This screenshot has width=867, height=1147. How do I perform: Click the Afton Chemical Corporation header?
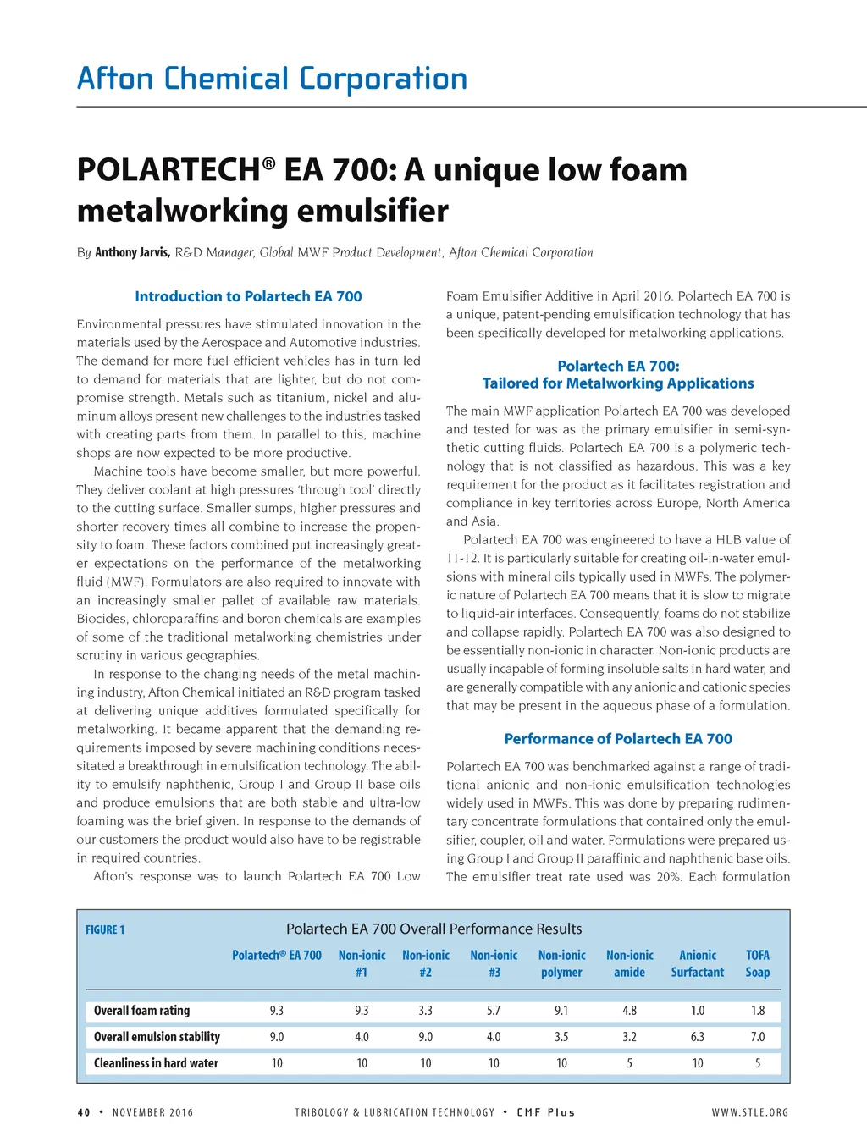[x=272, y=79]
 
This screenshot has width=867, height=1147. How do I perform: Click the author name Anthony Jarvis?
[x=132, y=252]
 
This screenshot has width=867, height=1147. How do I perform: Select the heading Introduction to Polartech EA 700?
[x=248, y=296]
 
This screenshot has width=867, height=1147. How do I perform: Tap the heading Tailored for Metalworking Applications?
[x=618, y=383]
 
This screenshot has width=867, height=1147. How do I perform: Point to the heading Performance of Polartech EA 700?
[x=618, y=739]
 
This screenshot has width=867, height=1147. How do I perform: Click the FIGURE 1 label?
[x=105, y=929]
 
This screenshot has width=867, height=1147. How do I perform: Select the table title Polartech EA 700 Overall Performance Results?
[x=433, y=929]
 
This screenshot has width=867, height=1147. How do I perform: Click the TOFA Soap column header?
[x=758, y=963]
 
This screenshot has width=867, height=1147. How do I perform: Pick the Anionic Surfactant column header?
[x=698, y=963]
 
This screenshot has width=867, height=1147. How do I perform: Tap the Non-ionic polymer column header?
[x=561, y=963]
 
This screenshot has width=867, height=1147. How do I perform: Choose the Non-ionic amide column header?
[x=629, y=963]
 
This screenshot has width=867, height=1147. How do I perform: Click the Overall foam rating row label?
[x=141, y=1011]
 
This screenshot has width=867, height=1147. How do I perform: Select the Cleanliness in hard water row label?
[x=156, y=1063]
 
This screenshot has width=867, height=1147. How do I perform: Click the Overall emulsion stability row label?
[x=157, y=1037]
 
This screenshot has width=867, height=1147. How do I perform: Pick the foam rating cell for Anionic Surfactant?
[x=698, y=1011]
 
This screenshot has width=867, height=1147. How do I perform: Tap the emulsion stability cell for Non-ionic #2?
[x=426, y=1037]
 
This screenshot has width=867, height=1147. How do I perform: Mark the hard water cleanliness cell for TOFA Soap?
[x=758, y=1063]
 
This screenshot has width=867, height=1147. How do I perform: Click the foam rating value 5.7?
[x=494, y=1011]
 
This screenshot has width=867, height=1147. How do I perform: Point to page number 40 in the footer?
[x=84, y=1112]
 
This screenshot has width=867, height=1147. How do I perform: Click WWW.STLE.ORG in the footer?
[x=750, y=1112]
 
